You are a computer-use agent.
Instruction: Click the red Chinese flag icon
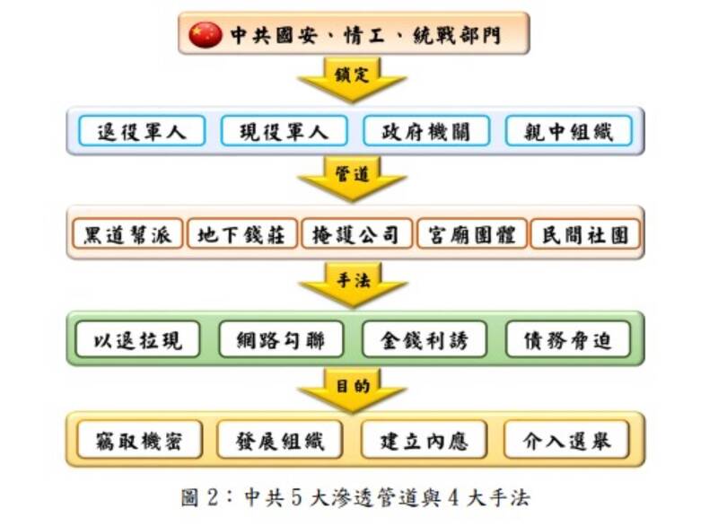[206, 34]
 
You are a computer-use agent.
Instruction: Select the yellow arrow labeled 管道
[352, 179]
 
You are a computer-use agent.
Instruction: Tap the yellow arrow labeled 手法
[353, 285]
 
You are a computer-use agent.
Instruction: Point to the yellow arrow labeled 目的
[352, 390]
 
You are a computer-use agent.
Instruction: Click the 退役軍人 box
[142, 131]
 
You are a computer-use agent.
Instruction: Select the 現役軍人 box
[284, 131]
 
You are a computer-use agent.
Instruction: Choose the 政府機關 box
[426, 131]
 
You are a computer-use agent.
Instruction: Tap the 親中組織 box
[569, 131]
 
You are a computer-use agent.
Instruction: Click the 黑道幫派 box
[127, 234]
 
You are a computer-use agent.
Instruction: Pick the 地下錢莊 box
[241, 234]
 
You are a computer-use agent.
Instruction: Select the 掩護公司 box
[356, 234]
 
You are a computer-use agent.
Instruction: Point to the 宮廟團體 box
[472, 234]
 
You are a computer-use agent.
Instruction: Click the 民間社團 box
[585, 234]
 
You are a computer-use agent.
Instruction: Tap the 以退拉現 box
[137, 339]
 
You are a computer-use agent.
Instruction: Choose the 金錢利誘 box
[424, 339]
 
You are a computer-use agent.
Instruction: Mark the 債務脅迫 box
[568, 339]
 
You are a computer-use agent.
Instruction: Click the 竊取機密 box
[140, 440]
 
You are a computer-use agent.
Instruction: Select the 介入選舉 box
[567, 440]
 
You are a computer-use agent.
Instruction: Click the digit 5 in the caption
[297, 497]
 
